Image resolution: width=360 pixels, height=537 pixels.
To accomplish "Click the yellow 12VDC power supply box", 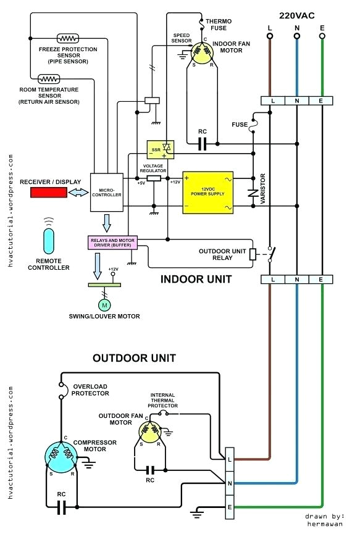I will click(207, 193).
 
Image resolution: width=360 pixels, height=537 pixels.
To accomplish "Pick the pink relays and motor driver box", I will click(112, 242).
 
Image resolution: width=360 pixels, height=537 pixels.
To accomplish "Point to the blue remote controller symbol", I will click(49, 240).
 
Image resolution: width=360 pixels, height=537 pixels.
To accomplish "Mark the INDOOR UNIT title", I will click(196, 279).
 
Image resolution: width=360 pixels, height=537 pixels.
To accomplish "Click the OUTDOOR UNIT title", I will click(134, 357).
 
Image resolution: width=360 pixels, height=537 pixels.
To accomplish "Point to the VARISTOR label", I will click(263, 189).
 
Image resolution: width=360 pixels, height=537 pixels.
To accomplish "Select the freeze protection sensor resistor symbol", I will click(64, 38).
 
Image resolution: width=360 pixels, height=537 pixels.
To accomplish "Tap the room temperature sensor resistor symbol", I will click(48, 79).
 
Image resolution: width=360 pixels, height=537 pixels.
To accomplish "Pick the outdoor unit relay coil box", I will click(252, 254).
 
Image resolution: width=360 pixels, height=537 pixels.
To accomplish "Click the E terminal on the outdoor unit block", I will click(230, 507).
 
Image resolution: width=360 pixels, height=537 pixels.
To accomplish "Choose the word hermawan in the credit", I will click(324, 523).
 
